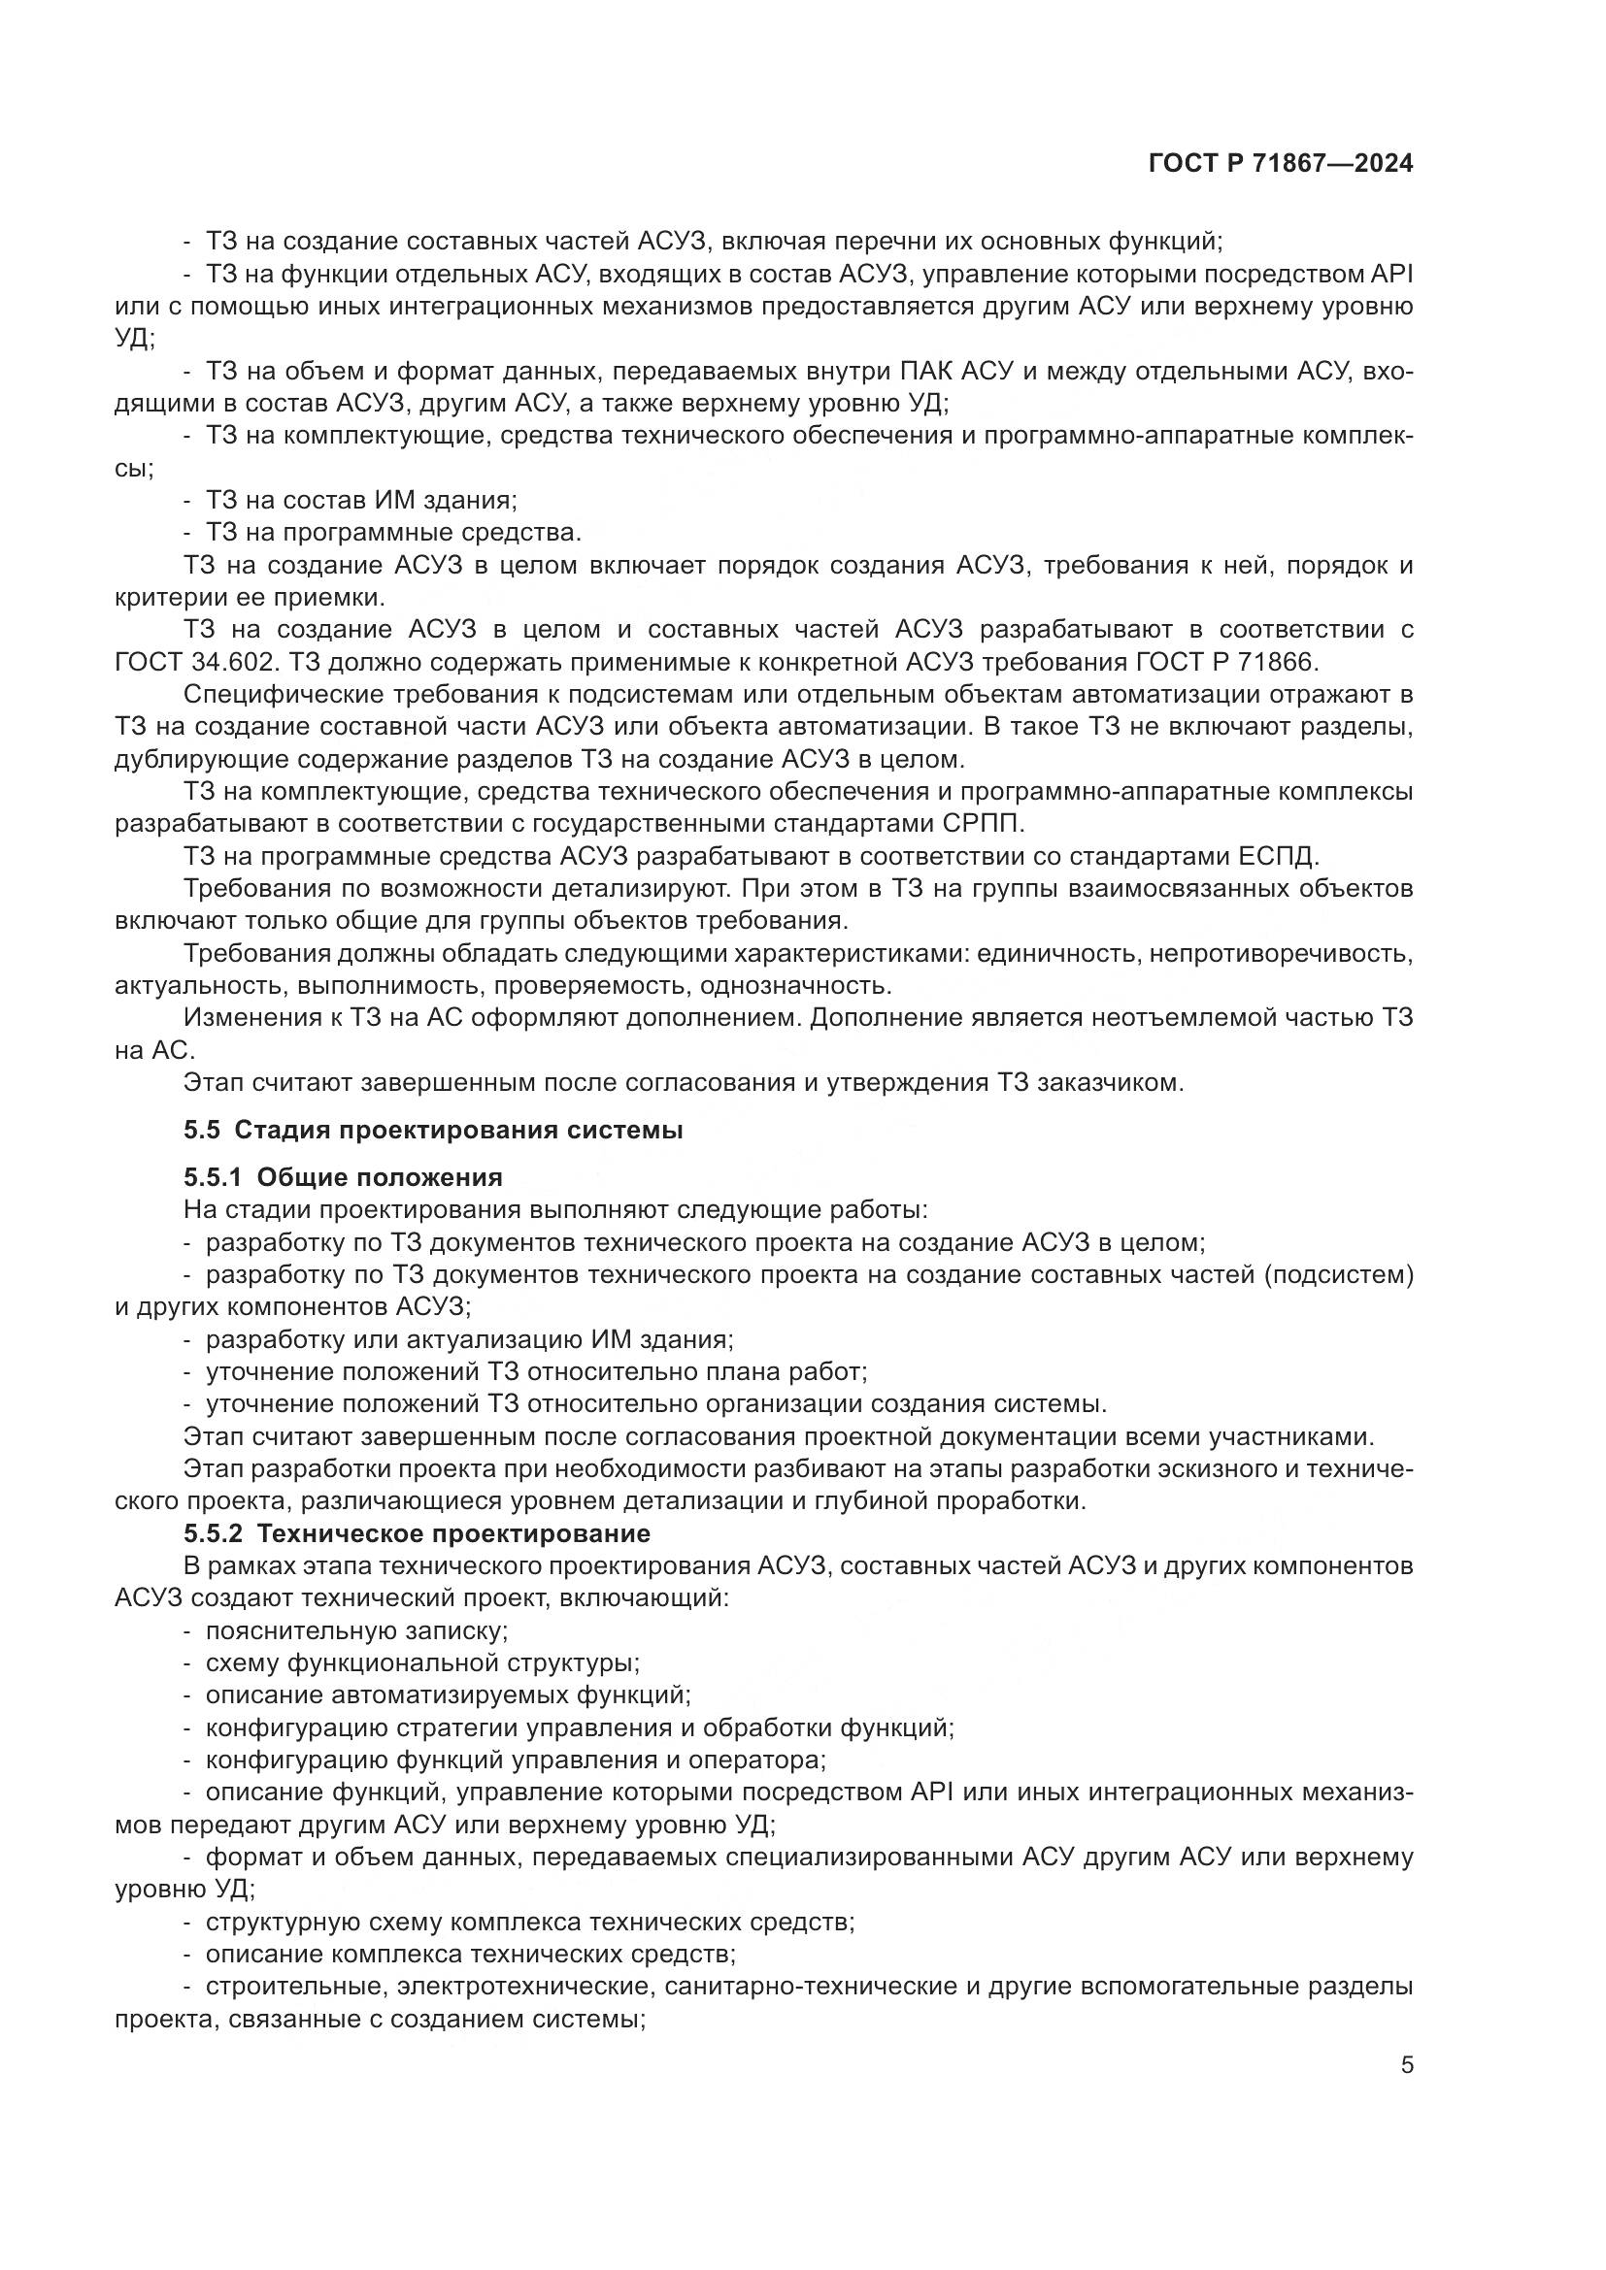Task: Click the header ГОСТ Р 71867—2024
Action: coord(1281,164)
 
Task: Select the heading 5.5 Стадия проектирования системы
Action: coord(433,1130)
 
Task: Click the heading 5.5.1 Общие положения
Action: coord(343,1177)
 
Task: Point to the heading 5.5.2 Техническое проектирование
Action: coord(417,1533)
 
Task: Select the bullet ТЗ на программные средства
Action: coord(393,533)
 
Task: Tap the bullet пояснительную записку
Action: coord(357,1630)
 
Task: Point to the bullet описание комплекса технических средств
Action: coord(470,1954)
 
